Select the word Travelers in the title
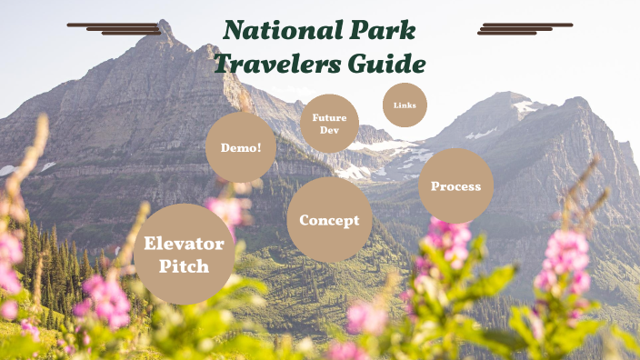(x=274, y=64)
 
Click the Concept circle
(x=329, y=220)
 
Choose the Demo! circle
(x=240, y=147)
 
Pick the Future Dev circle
(x=329, y=124)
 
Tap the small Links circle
(x=405, y=105)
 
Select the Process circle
(x=455, y=186)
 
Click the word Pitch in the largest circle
(x=184, y=266)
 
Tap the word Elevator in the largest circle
(x=184, y=244)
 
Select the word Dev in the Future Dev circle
(x=329, y=131)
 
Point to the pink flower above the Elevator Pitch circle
(x=227, y=210)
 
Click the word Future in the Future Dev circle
(x=329, y=117)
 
